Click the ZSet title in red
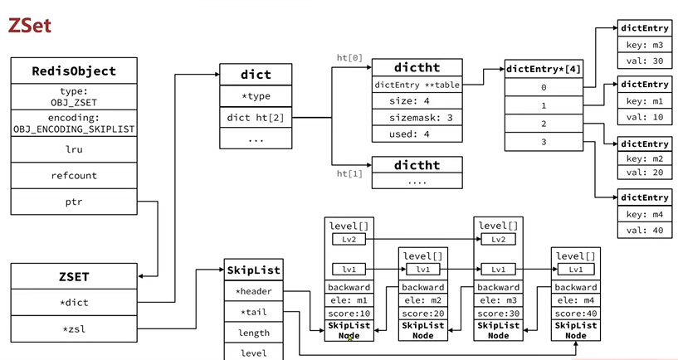30,26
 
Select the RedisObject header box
74,71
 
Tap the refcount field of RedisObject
74,175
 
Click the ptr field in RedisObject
74,202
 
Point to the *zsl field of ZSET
74,328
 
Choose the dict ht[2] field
256,118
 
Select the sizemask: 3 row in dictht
417,119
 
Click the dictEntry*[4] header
544,70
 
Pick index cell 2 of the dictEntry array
544,124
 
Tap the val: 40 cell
645,230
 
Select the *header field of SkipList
253,291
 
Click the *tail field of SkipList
253,312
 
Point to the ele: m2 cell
423,300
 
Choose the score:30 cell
498,313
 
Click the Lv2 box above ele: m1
349,239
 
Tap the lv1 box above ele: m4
575,269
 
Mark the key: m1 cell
645,100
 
